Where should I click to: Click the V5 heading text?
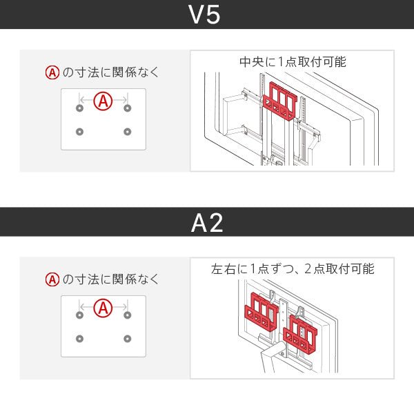[206, 15]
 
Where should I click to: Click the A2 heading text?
[206, 222]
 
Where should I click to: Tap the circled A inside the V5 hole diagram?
[103, 102]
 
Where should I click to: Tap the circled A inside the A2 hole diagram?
[103, 308]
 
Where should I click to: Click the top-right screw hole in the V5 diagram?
[127, 108]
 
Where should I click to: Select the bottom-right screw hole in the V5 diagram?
[127, 132]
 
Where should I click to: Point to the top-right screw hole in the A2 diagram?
[127, 315]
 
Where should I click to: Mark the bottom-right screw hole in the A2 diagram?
[127, 338]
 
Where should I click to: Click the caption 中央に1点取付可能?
[293, 62]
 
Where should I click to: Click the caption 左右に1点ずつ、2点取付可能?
[293, 269]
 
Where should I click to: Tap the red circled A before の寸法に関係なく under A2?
[51, 279]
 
